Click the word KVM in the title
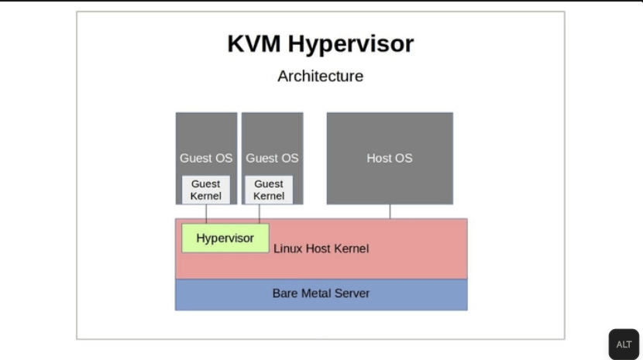point(254,43)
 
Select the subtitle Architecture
point(320,76)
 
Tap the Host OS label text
point(389,158)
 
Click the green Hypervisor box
point(225,238)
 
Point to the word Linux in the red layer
point(288,249)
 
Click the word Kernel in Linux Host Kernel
point(351,249)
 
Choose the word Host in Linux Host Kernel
point(318,249)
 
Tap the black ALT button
point(624,345)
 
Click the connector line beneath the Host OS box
point(390,211)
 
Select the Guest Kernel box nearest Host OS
point(269,190)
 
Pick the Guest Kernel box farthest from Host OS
point(205,190)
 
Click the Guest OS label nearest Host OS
point(272,158)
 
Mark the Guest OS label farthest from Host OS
point(206,158)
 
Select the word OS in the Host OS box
point(403,158)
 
